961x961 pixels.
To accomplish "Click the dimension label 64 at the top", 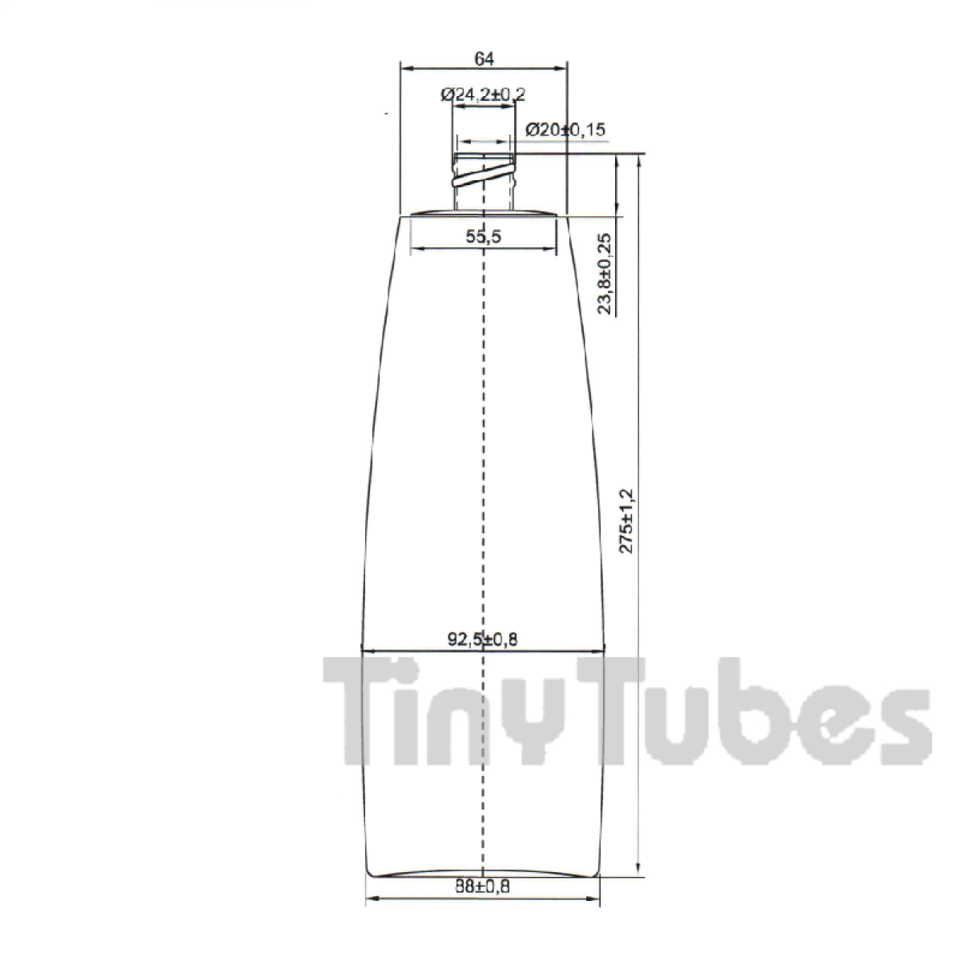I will [483, 58].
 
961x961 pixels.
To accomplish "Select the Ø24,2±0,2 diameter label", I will [483, 94].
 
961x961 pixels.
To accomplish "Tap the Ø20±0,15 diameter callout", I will [565, 129].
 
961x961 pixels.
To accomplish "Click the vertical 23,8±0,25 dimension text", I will [605, 274].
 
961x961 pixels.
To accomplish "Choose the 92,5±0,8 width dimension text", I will [482, 639].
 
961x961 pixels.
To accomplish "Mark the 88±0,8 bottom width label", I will [482, 887].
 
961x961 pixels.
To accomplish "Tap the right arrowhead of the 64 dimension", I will [562, 69].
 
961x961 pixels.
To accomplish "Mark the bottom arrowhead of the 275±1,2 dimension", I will [638, 871].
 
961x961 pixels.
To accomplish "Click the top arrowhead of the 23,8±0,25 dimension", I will [617, 159].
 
